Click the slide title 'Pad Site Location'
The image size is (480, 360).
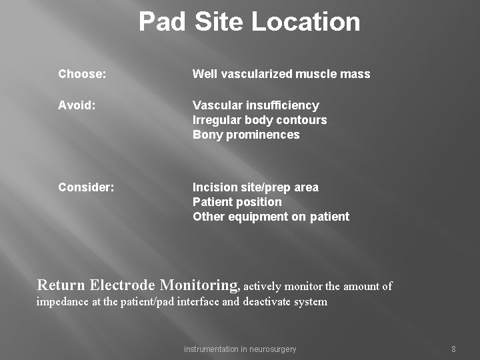pos(249,22)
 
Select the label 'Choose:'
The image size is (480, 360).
pos(82,74)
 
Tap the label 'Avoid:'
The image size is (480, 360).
pos(77,105)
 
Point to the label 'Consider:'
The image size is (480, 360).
pos(86,187)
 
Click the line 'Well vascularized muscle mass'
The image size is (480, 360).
pos(281,74)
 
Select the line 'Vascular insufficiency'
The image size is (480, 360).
pos(256,105)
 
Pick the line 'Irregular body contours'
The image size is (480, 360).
pos(259,120)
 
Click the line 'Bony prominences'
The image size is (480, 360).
pos(246,135)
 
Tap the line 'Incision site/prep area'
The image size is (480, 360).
pos(255,187)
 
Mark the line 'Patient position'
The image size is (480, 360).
pos(237,202)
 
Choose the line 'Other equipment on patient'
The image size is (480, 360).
pos(271,217)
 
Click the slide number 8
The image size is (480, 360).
pos(453,349)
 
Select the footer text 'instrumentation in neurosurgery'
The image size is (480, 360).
pos(240,349)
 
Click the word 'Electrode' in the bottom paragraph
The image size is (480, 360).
pos(123,285)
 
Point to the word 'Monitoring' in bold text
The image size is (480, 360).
pos(199,285)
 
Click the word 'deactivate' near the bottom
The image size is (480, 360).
pos(271,302)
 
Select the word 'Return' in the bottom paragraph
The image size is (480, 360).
pos(61,285)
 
